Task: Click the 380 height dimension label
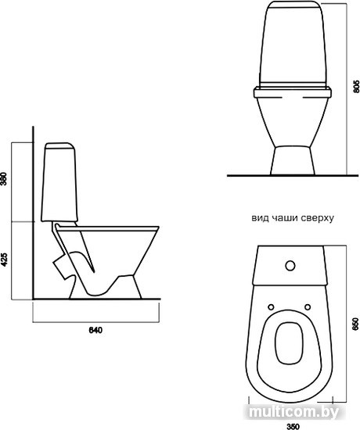point(4,179)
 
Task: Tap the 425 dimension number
point(4,260)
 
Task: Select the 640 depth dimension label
point(95,330)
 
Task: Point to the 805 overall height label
point(356,86)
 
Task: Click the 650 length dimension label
point(356,324)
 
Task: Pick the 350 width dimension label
point(293,426)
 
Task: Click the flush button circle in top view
point(290,266)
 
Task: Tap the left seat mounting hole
point(272,307)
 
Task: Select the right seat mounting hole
point(308,307)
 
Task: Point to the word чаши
point(284,218)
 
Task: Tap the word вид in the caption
point(261,218)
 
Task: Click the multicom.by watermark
point(294,411)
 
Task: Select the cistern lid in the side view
point(59,145)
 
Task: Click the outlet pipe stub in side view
point(61,265)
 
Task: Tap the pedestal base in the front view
point(293,161)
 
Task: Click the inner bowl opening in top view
point(289,343)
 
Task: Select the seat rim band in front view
point(293,92)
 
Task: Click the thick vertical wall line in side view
point(33,213)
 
